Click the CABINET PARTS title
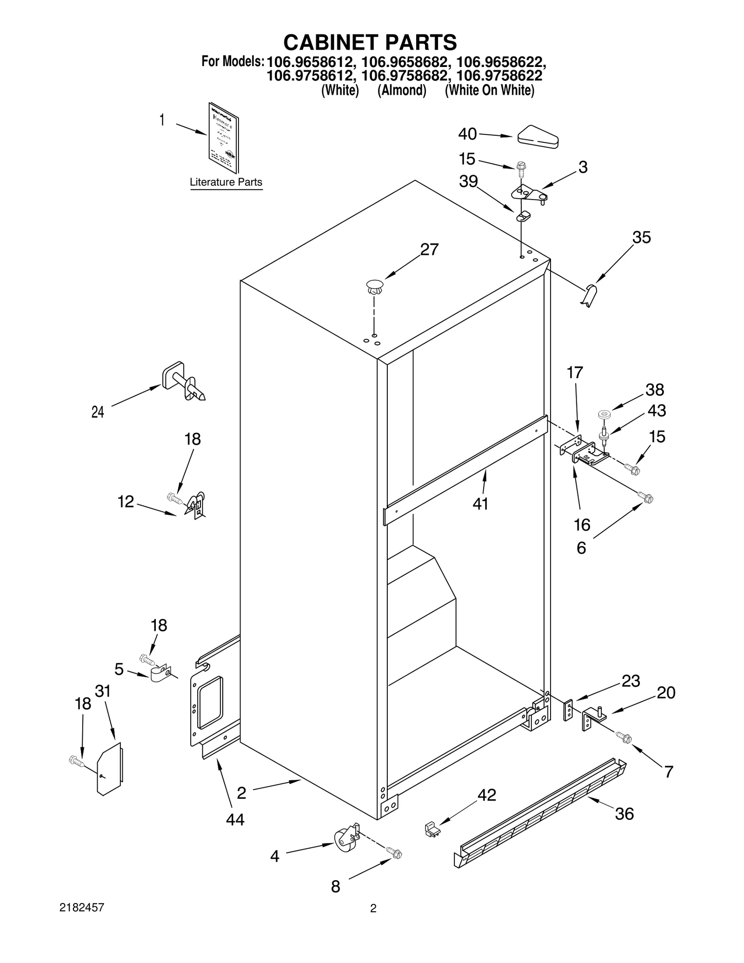370,42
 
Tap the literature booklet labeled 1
224,138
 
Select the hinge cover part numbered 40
538,137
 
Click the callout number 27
429,250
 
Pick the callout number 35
641,238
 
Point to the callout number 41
480,504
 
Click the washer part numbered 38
604,413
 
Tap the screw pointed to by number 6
646,498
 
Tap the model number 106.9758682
405,75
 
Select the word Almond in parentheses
402,90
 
